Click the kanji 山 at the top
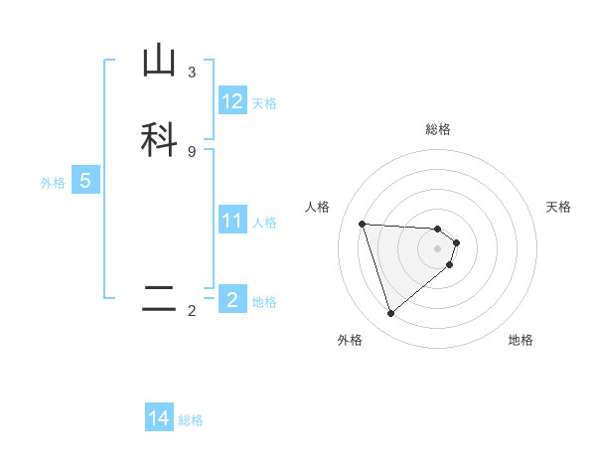159,61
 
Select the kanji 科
159,138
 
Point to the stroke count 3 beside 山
192,73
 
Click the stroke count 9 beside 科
192,151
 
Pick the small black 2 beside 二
192,311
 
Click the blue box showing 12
232,101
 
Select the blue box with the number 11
232,221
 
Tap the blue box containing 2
232,300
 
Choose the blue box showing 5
85,181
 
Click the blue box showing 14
159,418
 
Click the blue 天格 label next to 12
264,102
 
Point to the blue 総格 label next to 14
191,419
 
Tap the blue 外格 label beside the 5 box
53,182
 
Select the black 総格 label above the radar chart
437,129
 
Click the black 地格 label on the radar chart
521,340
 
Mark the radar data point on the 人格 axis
363,224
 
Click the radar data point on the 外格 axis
391,314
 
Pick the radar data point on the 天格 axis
456,242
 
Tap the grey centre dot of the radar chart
437,248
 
